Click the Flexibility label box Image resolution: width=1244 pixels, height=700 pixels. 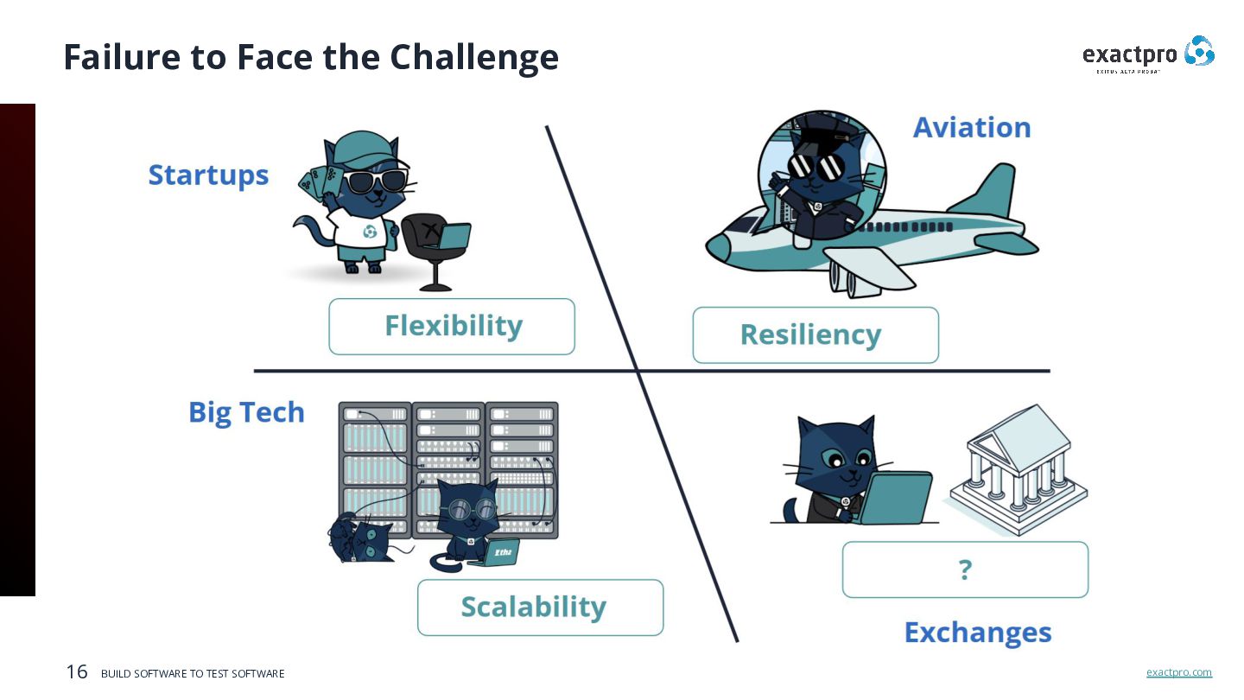pos(452,327)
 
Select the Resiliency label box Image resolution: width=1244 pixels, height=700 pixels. pos(815,335)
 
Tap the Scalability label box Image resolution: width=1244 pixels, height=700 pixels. pos(540,608)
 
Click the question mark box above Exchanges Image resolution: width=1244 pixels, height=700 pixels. pos(965,570)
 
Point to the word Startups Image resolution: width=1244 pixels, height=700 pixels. pos(208,175)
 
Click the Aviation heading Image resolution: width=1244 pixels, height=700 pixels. pos(972,128)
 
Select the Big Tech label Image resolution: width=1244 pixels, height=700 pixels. pos(246,412)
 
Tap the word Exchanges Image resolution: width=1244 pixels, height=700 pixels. pos(977,633)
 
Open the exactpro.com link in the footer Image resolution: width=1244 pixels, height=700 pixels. pos(1178,672)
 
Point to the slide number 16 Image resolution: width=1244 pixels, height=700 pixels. pos(77,671)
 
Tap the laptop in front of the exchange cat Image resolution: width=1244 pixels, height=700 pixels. pos(898,497)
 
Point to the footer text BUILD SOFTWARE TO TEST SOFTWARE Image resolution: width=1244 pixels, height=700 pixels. pos(193,673)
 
